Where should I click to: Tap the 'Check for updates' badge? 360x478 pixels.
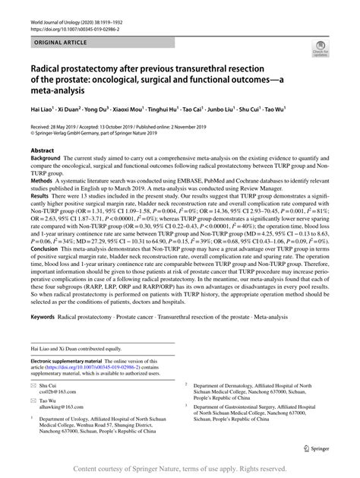point(318,50)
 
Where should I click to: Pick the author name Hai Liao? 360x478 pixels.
point(43,109)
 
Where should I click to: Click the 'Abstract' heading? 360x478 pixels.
point(43,150)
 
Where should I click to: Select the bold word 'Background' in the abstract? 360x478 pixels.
point(47,160)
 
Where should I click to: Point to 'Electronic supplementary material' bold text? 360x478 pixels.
point(72,357)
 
